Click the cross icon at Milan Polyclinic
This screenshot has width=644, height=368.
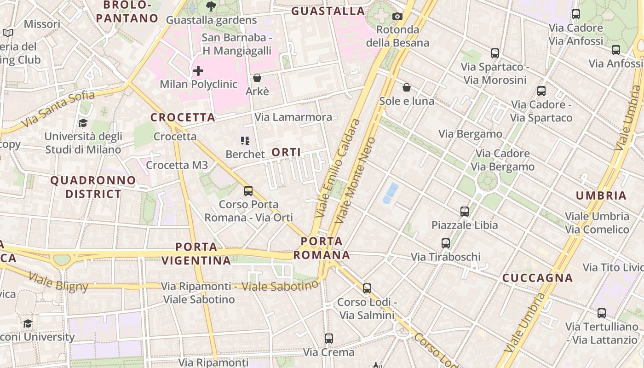point(198,71)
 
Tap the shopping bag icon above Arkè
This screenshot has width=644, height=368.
point(257,78)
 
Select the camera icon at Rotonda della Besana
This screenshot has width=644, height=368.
point(397,17)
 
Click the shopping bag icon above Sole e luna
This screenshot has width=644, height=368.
point(407,87)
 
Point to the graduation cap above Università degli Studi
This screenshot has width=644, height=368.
point(83,123)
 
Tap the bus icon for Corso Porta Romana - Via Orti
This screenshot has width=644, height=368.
point(248,190)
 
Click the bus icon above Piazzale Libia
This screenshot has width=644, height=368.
point(465,212)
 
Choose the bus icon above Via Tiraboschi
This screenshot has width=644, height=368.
point(445,243)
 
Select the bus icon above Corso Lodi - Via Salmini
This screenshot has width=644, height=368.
point(367,288)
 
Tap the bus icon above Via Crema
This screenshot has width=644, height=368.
point(328,339)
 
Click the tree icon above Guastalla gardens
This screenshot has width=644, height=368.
point(211,6)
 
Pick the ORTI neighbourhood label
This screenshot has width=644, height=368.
point(286,152)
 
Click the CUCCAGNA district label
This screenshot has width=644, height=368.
point(537,278)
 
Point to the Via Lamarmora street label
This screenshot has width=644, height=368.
point(293,117)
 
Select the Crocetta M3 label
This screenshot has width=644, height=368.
point(177,165)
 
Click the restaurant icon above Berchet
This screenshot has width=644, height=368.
point(245,140)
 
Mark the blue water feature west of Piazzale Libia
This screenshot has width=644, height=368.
point(391,193)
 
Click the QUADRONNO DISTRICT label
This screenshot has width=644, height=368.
point(93,187)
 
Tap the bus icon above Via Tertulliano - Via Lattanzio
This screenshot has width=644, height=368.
point(601,313)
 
